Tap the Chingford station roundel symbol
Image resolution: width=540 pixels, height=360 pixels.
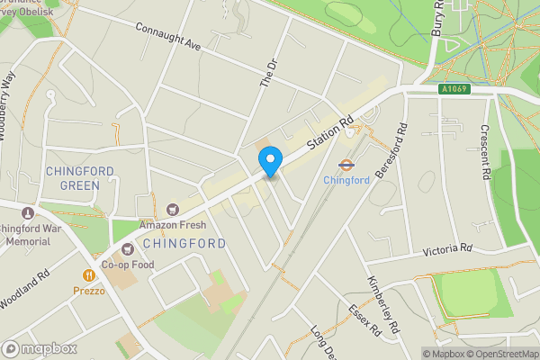click(x=345, y=164)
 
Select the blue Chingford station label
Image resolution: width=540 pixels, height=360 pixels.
click(x=346, y=180)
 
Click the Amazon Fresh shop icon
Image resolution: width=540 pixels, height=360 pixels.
click(x=172, y=209)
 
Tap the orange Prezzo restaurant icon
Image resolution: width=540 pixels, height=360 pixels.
click(x=89, y=275)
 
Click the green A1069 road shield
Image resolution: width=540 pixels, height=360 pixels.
click(x=454, y=89)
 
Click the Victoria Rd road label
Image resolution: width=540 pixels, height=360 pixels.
click(x=447, y=247)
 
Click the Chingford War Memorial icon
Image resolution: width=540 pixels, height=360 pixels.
click(x=27, y=212)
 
